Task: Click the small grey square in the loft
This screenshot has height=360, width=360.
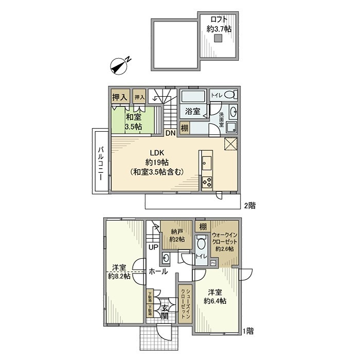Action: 219,38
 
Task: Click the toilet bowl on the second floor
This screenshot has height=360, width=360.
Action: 231,95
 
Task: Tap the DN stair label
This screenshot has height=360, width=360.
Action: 170,133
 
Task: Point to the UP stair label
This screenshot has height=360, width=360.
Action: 153,247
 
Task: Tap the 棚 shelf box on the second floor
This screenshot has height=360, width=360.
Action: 184,128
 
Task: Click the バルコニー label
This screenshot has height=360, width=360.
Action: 101,160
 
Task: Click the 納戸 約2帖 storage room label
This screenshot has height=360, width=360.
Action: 177,235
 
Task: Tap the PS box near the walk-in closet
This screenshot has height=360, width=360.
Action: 213,263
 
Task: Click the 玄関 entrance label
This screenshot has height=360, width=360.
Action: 165,312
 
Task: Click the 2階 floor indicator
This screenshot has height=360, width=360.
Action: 249,205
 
